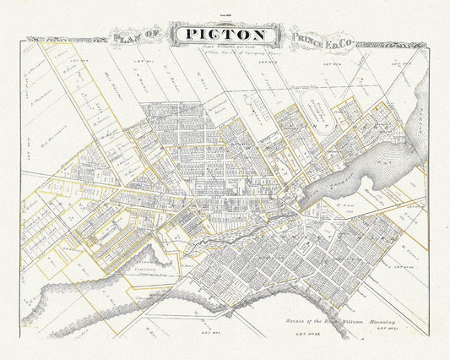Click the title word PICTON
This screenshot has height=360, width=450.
pyautogui.click(x=225, y=35)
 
